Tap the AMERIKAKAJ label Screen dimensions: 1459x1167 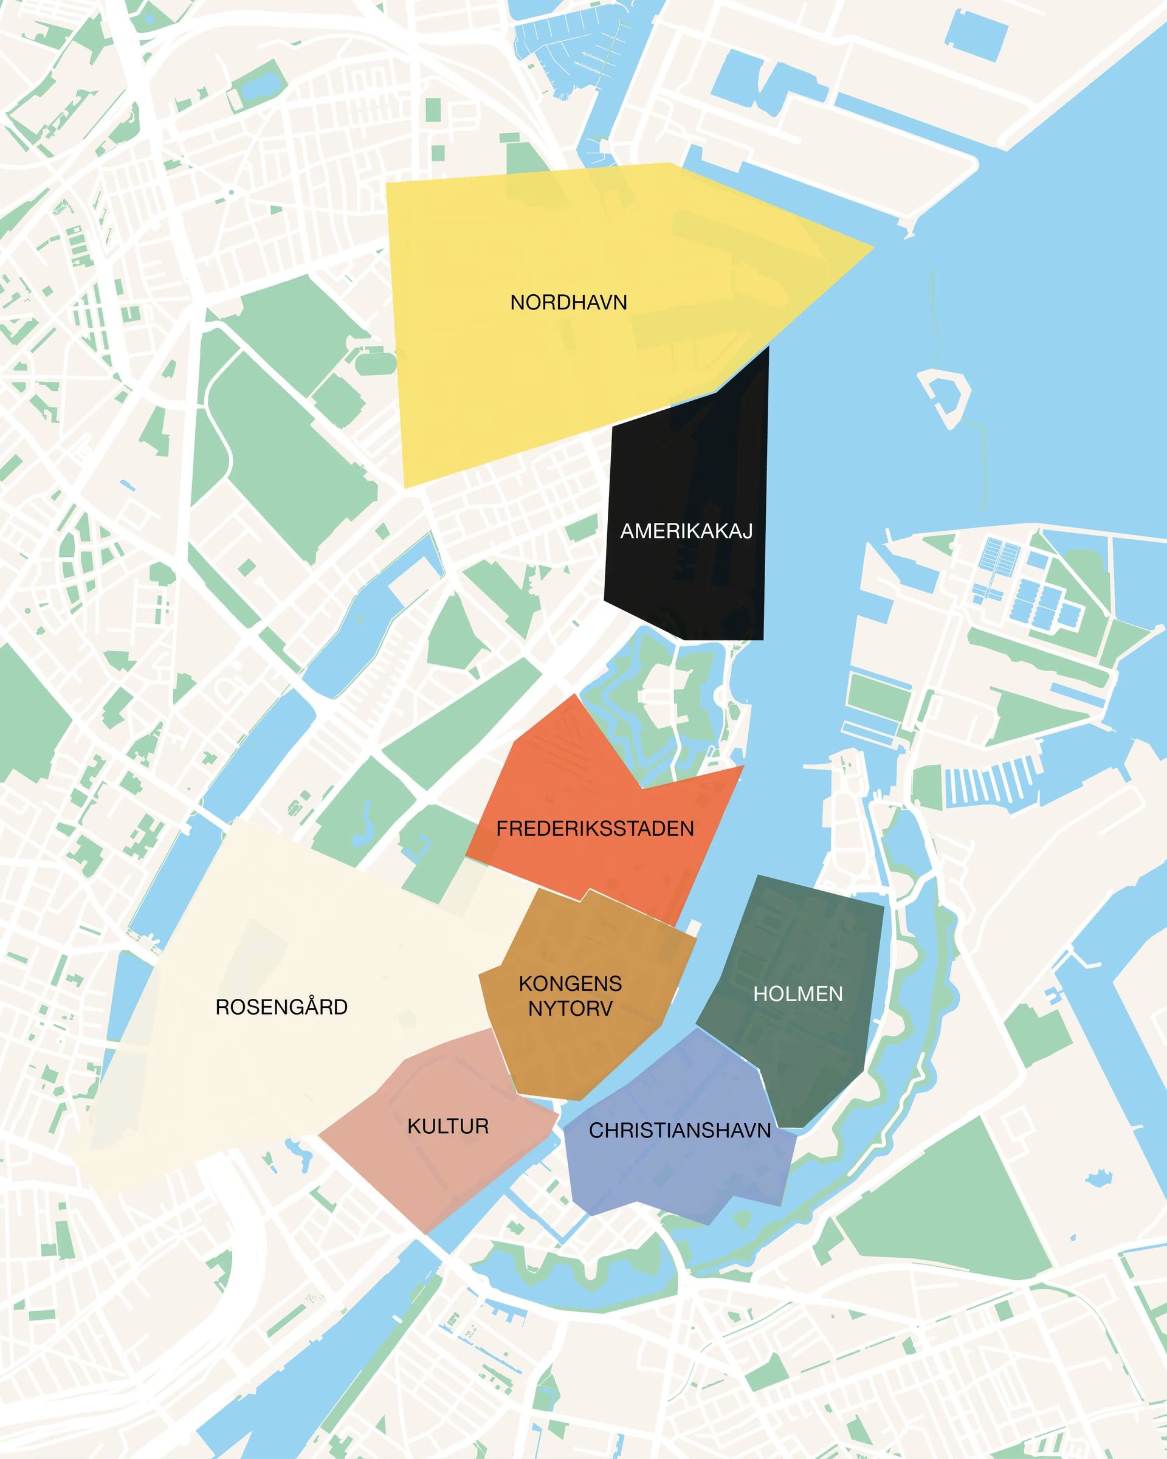click(x=686, y=531)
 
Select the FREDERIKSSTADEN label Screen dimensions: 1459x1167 click(x=594, y=829)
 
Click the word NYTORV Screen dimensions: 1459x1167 click(x=570, y=1009)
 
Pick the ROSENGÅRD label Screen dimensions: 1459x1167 click(x=281, y=1007)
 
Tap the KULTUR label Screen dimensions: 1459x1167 click(x=447, y=1126)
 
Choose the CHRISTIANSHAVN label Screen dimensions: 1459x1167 click(x=679, y=1130)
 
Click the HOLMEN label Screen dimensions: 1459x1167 click(x=797, y=993)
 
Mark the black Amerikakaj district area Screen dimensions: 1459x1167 click(x=687, y=474)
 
